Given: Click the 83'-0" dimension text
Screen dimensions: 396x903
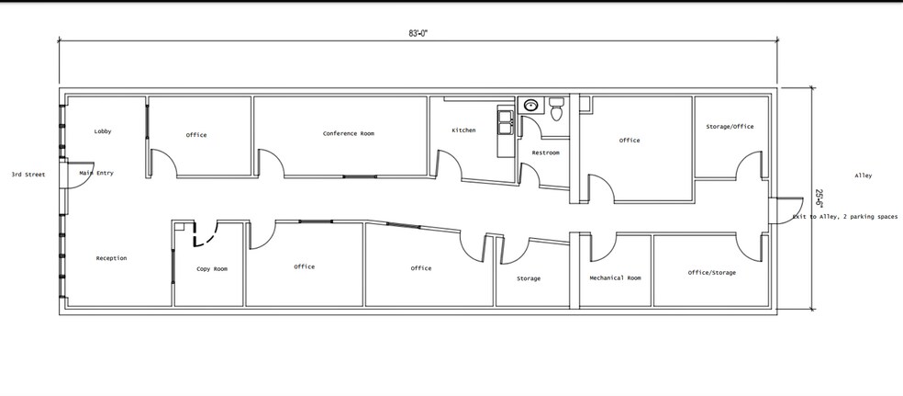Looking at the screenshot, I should (418, 33).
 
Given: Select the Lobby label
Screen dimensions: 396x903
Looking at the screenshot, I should (103, 131).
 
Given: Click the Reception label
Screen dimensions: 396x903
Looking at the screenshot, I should (111, 258).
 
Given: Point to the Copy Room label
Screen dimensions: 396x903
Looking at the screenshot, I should (212, 268).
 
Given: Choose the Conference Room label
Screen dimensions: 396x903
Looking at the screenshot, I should (349, 134).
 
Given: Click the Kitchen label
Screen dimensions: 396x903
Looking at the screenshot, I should (463, 130).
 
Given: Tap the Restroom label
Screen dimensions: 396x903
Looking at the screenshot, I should (545, 153).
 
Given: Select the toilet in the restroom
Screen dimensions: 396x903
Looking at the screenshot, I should (556, 109).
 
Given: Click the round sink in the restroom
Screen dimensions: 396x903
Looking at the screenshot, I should (530, 106).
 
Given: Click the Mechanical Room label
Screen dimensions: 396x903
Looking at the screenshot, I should (615, 277).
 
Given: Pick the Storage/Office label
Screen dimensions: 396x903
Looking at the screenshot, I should (730, 127).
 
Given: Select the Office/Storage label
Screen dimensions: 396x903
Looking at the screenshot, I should (712, 272).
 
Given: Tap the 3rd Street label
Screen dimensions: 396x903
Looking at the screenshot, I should (29, 174).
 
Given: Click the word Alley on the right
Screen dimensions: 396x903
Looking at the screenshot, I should (863, 175).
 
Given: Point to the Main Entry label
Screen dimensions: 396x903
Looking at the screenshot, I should (96, 173).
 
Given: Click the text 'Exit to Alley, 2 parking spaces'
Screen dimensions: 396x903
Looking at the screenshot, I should (845, 217).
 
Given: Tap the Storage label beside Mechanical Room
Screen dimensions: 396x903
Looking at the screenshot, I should (529, 278).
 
